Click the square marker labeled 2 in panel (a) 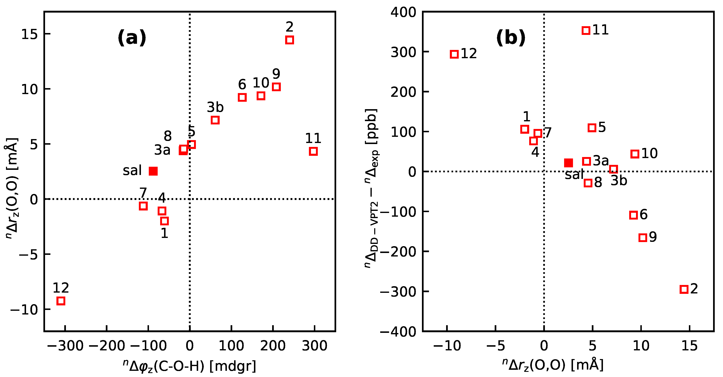pos(289,40)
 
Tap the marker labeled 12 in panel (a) pos(61,301)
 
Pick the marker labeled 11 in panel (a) pos(313,151)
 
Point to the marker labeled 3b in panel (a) pos(215,120)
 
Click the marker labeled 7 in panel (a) pos(143,206)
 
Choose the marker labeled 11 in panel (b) pos(586,30)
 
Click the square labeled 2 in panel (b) pos(684,289)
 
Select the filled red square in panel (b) pos(569,163)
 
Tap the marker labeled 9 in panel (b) pos(643,238)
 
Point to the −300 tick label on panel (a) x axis pos(65,346)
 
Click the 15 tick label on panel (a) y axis pos(29,34)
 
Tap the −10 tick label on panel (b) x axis pos(447,346)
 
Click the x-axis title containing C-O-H pos(190,366)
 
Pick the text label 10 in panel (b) pos(649,153)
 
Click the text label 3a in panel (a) pos(162,150)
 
